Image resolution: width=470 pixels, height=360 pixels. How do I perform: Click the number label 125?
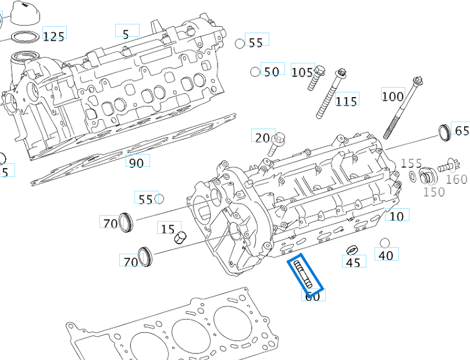point(54,36)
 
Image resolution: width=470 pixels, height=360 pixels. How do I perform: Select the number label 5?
point(126,33)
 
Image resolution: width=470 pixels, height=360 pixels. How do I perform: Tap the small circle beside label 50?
point(255,72)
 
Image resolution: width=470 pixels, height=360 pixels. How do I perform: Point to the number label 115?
point(347,101)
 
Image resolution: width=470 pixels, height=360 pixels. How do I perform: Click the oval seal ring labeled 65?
point(444,133)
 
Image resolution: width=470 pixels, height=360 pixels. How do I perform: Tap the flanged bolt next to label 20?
point(278,142)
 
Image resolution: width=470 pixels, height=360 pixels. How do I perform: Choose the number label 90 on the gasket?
point(136,162)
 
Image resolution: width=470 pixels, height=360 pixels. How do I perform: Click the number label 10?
point(396,216)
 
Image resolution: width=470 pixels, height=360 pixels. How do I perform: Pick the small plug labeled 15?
point(180,237)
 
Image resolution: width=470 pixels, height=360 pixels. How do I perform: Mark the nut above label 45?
point(351,250)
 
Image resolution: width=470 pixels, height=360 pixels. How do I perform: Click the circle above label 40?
point(384,243)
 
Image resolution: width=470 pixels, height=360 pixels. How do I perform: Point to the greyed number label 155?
point(411,164)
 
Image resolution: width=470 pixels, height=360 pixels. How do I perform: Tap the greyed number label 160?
point(457,179)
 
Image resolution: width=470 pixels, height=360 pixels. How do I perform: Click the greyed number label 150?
point(434,192)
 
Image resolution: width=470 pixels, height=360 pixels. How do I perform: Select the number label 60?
point(313,296)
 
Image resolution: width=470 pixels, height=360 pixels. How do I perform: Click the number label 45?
point(354,262)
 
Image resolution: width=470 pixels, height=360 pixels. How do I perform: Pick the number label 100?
point(393,94)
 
